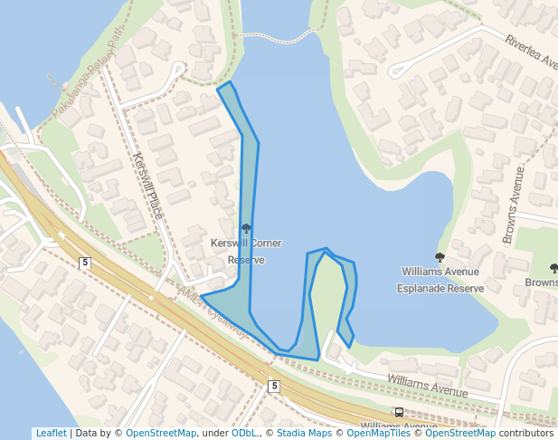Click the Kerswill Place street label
click(147, 186)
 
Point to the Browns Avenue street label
click(513, 205)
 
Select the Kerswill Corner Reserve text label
click(246, 251)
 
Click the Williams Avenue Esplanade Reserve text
click(440, 279)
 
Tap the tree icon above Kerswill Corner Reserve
click(246, 228)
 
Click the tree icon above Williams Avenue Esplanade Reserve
click(440, 258)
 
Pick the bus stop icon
click(399, 413)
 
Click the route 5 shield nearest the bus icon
click(274, 387)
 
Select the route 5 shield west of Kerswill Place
click(85, 263)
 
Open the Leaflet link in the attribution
click(51, 433)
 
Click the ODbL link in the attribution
click(244, 433)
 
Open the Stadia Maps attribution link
click(304, 433)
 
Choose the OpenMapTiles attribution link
click(379, 433)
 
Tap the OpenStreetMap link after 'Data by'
click(161, 433)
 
